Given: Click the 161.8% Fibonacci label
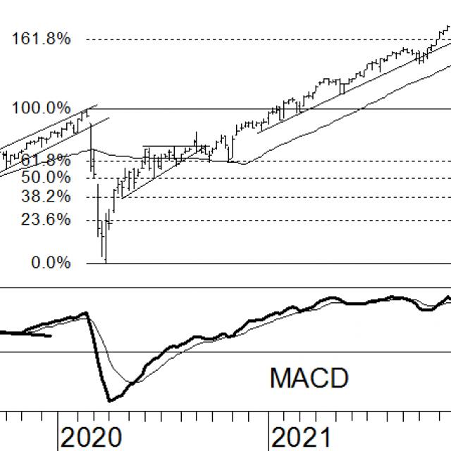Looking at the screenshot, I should click(41, 39).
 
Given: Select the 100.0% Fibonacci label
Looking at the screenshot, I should click(41, 109).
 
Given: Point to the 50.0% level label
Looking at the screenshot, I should click(41, 176).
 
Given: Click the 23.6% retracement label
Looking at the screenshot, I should click(41, 220).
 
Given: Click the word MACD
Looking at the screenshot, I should click(309, 378).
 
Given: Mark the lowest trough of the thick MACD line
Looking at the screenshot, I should click(110, 401).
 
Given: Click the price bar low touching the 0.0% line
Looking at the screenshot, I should click(105, 261).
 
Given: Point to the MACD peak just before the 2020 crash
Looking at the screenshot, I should click(86, 313).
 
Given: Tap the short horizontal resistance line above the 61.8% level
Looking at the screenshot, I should click(169, 147).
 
